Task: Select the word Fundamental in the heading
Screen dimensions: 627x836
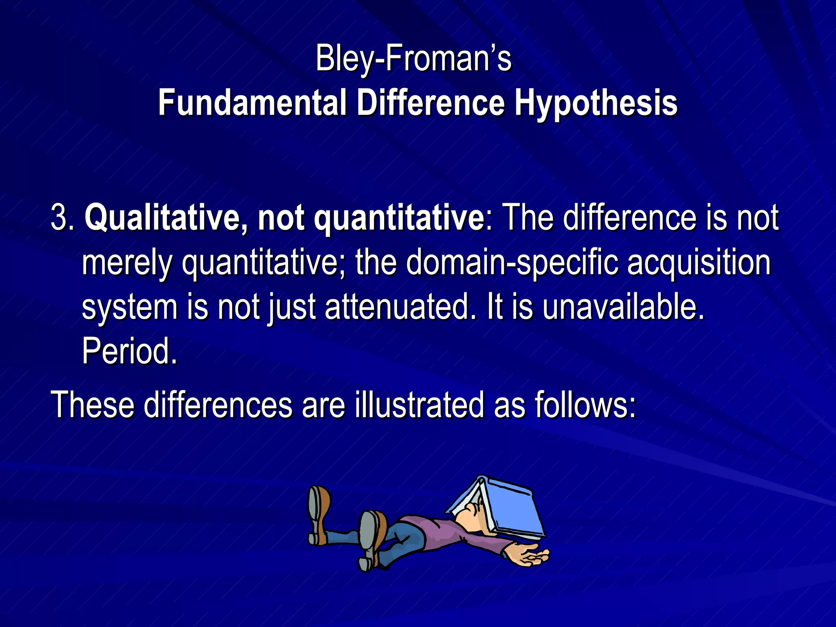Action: pos(252,103)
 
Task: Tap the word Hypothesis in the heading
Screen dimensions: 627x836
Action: pos(596,103)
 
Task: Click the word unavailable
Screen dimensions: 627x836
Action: pos(623,307)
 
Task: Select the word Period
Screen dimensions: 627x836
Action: pos(129,351)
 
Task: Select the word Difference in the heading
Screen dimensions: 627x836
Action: pos(431,103)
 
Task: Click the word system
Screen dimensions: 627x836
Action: pos(129,308)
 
